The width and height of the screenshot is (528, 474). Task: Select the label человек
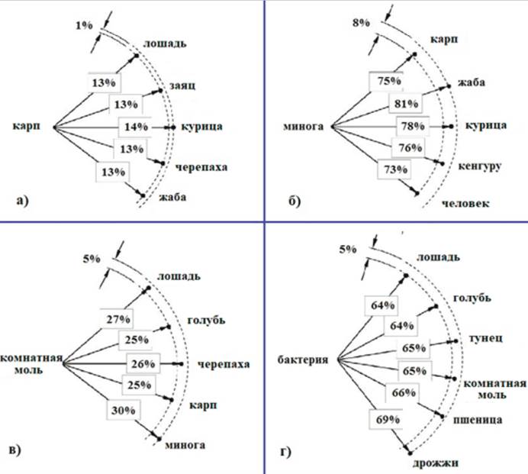click(x=467, y=203)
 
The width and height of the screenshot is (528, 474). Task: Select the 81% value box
click(x=404, y=104)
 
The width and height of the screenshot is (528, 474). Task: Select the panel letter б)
click(x=294, y=202)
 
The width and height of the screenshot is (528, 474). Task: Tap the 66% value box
click(x=404, y=392)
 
